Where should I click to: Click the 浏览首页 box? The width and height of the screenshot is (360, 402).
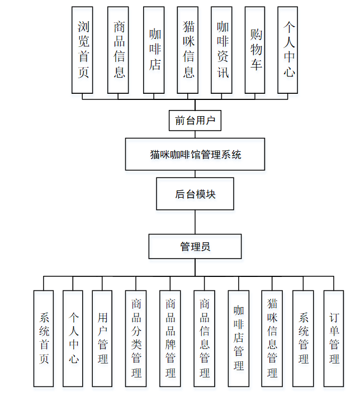(82, 50)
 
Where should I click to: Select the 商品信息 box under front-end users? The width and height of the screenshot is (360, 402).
(118, 50)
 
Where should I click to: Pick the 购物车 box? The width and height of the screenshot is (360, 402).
(255, 50)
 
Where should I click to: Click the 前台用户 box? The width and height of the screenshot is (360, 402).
(195, 120)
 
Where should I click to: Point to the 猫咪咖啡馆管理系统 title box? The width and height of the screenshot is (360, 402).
(195, 154)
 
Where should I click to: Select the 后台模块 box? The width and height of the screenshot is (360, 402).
(195, 194)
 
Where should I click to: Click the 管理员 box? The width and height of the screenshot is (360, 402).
(195, 246)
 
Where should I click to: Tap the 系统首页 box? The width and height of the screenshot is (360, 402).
(44, 338)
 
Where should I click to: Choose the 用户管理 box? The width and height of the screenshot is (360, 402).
(102, 338)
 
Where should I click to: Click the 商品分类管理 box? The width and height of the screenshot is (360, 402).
(136, 338)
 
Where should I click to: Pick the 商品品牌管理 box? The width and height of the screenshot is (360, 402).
(170, 338)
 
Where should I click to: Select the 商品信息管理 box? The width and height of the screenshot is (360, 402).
(204, 338)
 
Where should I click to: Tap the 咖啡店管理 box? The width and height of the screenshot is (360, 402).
(239, 338)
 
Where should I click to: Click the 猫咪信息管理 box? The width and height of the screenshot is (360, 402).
(272, 338)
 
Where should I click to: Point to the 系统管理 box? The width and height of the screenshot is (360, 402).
(303, 338)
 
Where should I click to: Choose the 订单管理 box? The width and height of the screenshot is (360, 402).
(334, 338)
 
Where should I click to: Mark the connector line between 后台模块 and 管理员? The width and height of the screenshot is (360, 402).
(195, 222)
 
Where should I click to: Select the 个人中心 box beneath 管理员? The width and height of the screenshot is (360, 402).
(73, 338)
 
